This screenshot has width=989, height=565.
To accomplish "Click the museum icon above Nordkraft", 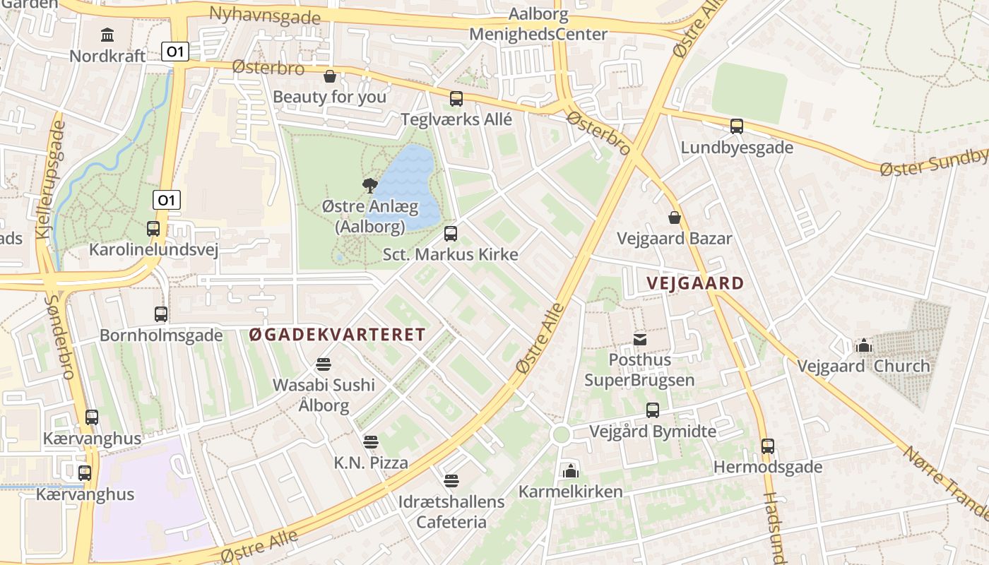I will click(x=107, y=34).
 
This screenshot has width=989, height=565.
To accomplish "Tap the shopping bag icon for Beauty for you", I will click(x=329, y=76).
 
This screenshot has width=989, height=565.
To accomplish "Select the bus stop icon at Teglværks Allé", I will click(x=456, y=99).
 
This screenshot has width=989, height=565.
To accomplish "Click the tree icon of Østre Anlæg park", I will click(x=369, y=186).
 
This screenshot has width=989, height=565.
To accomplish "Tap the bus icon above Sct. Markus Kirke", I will click(x=451, y=234).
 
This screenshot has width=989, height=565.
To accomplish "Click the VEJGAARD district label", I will click(x=695, y=284).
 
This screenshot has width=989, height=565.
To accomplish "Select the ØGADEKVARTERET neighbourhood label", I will click(x=338, y=335).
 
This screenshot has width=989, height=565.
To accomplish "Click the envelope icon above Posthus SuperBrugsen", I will click(x=639, y=340).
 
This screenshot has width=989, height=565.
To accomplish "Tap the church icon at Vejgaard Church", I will click(x=863, y=345).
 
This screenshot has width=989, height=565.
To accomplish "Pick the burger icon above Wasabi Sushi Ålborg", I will click(x=324, y=364).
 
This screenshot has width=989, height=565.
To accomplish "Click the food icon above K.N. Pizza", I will click(x=371, y=442).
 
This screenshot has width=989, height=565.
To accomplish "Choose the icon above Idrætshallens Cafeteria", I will click(x=451, y=482).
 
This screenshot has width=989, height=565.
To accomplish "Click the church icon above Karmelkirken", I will click(x=570, y=470).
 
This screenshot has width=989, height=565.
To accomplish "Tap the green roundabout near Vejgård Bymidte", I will click(x=562, y=434).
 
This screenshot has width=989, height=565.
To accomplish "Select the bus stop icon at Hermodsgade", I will click(x=768, y=446).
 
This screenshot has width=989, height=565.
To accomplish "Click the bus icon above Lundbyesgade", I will click(x=737, y=126).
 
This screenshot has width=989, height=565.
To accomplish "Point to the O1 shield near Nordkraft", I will click(x=175, y=51).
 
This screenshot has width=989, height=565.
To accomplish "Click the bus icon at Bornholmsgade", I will click(x=161, y=314).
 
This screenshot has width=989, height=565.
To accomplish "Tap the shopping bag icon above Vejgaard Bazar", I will click(x=675, y=217).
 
